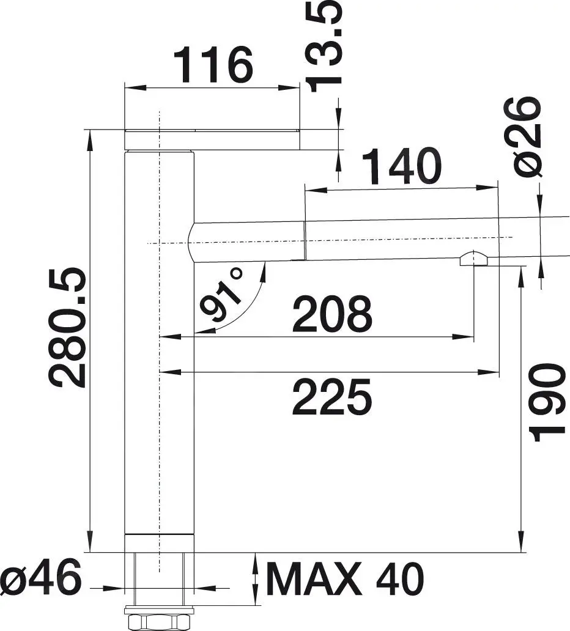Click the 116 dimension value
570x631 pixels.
(x=213, y=65)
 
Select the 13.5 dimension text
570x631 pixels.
(x=325, y=46)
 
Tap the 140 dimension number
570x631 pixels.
(x=401, y=166)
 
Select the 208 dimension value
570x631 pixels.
(x=332, y=314)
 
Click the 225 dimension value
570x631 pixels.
(x=332, y=396)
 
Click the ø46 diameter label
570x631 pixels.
(x=41, y=578)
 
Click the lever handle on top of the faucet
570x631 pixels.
(x=212, y=140)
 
